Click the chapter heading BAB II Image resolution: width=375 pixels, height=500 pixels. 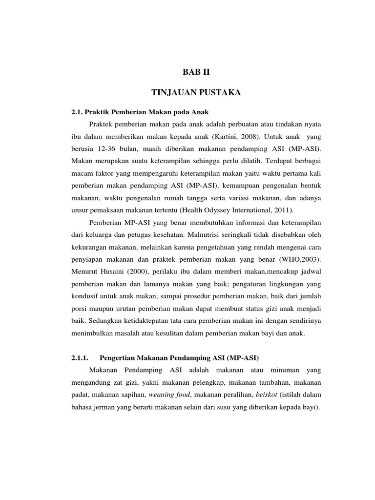coord(195,73)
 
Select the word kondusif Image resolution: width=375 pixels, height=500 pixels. coord(85,296)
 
